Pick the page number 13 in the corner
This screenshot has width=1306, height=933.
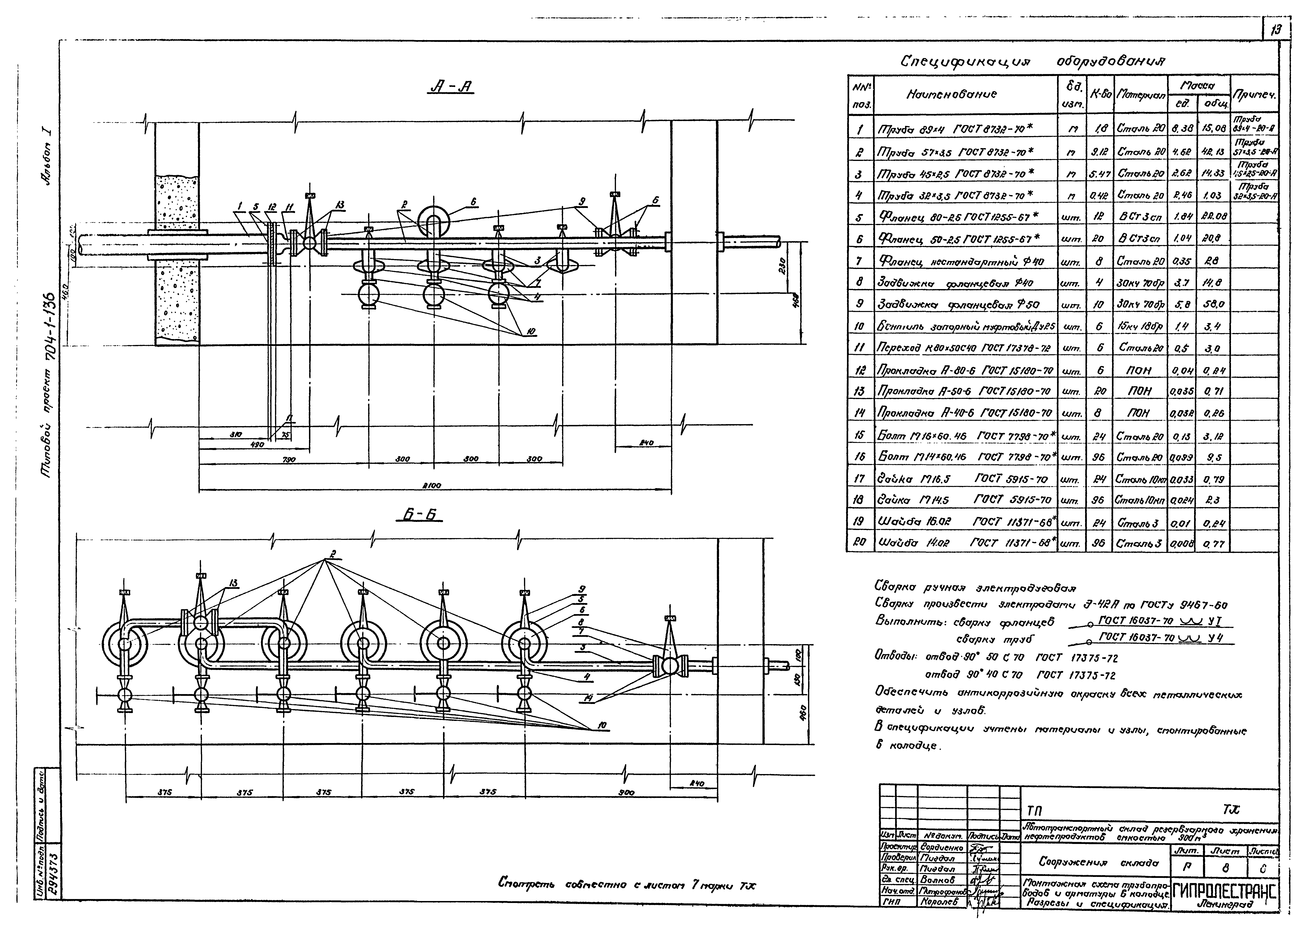(x=1277, y=45)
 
